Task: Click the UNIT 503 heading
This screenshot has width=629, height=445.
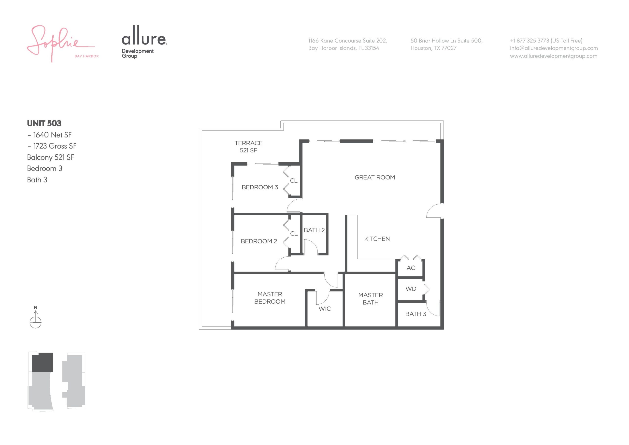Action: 44,123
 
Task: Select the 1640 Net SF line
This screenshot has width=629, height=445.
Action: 50,135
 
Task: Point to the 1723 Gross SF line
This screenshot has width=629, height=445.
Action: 52,146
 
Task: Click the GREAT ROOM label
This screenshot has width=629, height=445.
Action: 375,178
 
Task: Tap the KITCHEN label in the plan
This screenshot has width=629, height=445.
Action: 377,239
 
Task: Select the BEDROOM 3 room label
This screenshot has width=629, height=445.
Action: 260,187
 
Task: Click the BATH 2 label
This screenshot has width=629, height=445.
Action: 314,230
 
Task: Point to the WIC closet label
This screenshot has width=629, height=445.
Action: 325,309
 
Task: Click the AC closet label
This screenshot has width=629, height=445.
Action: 411,268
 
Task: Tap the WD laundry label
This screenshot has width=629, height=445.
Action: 411,289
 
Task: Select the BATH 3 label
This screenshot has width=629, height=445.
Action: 415,314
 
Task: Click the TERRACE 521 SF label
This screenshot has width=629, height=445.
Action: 248,147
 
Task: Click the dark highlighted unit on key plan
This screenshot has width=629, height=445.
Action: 43,362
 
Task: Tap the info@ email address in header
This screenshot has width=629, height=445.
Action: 554,48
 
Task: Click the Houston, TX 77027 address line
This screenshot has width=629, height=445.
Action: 433,48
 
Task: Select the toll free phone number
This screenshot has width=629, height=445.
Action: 546,41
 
